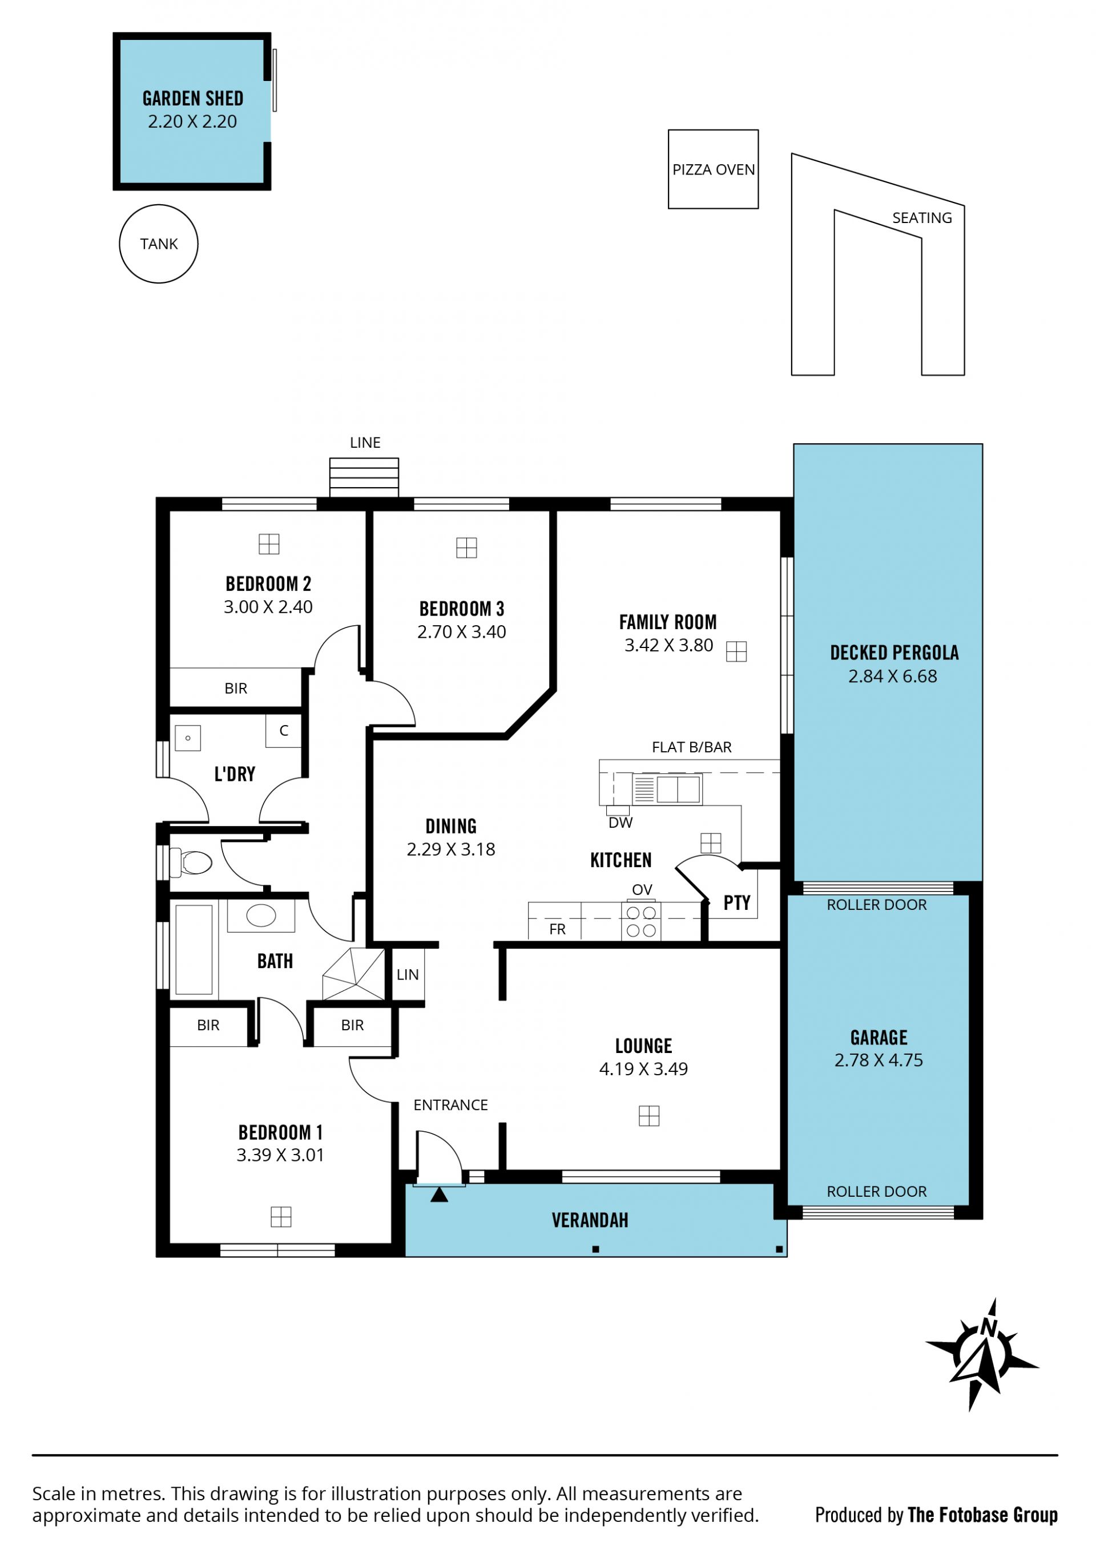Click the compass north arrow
[984, 1351]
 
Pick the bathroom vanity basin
[261, 917]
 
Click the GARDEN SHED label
[193, 99]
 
